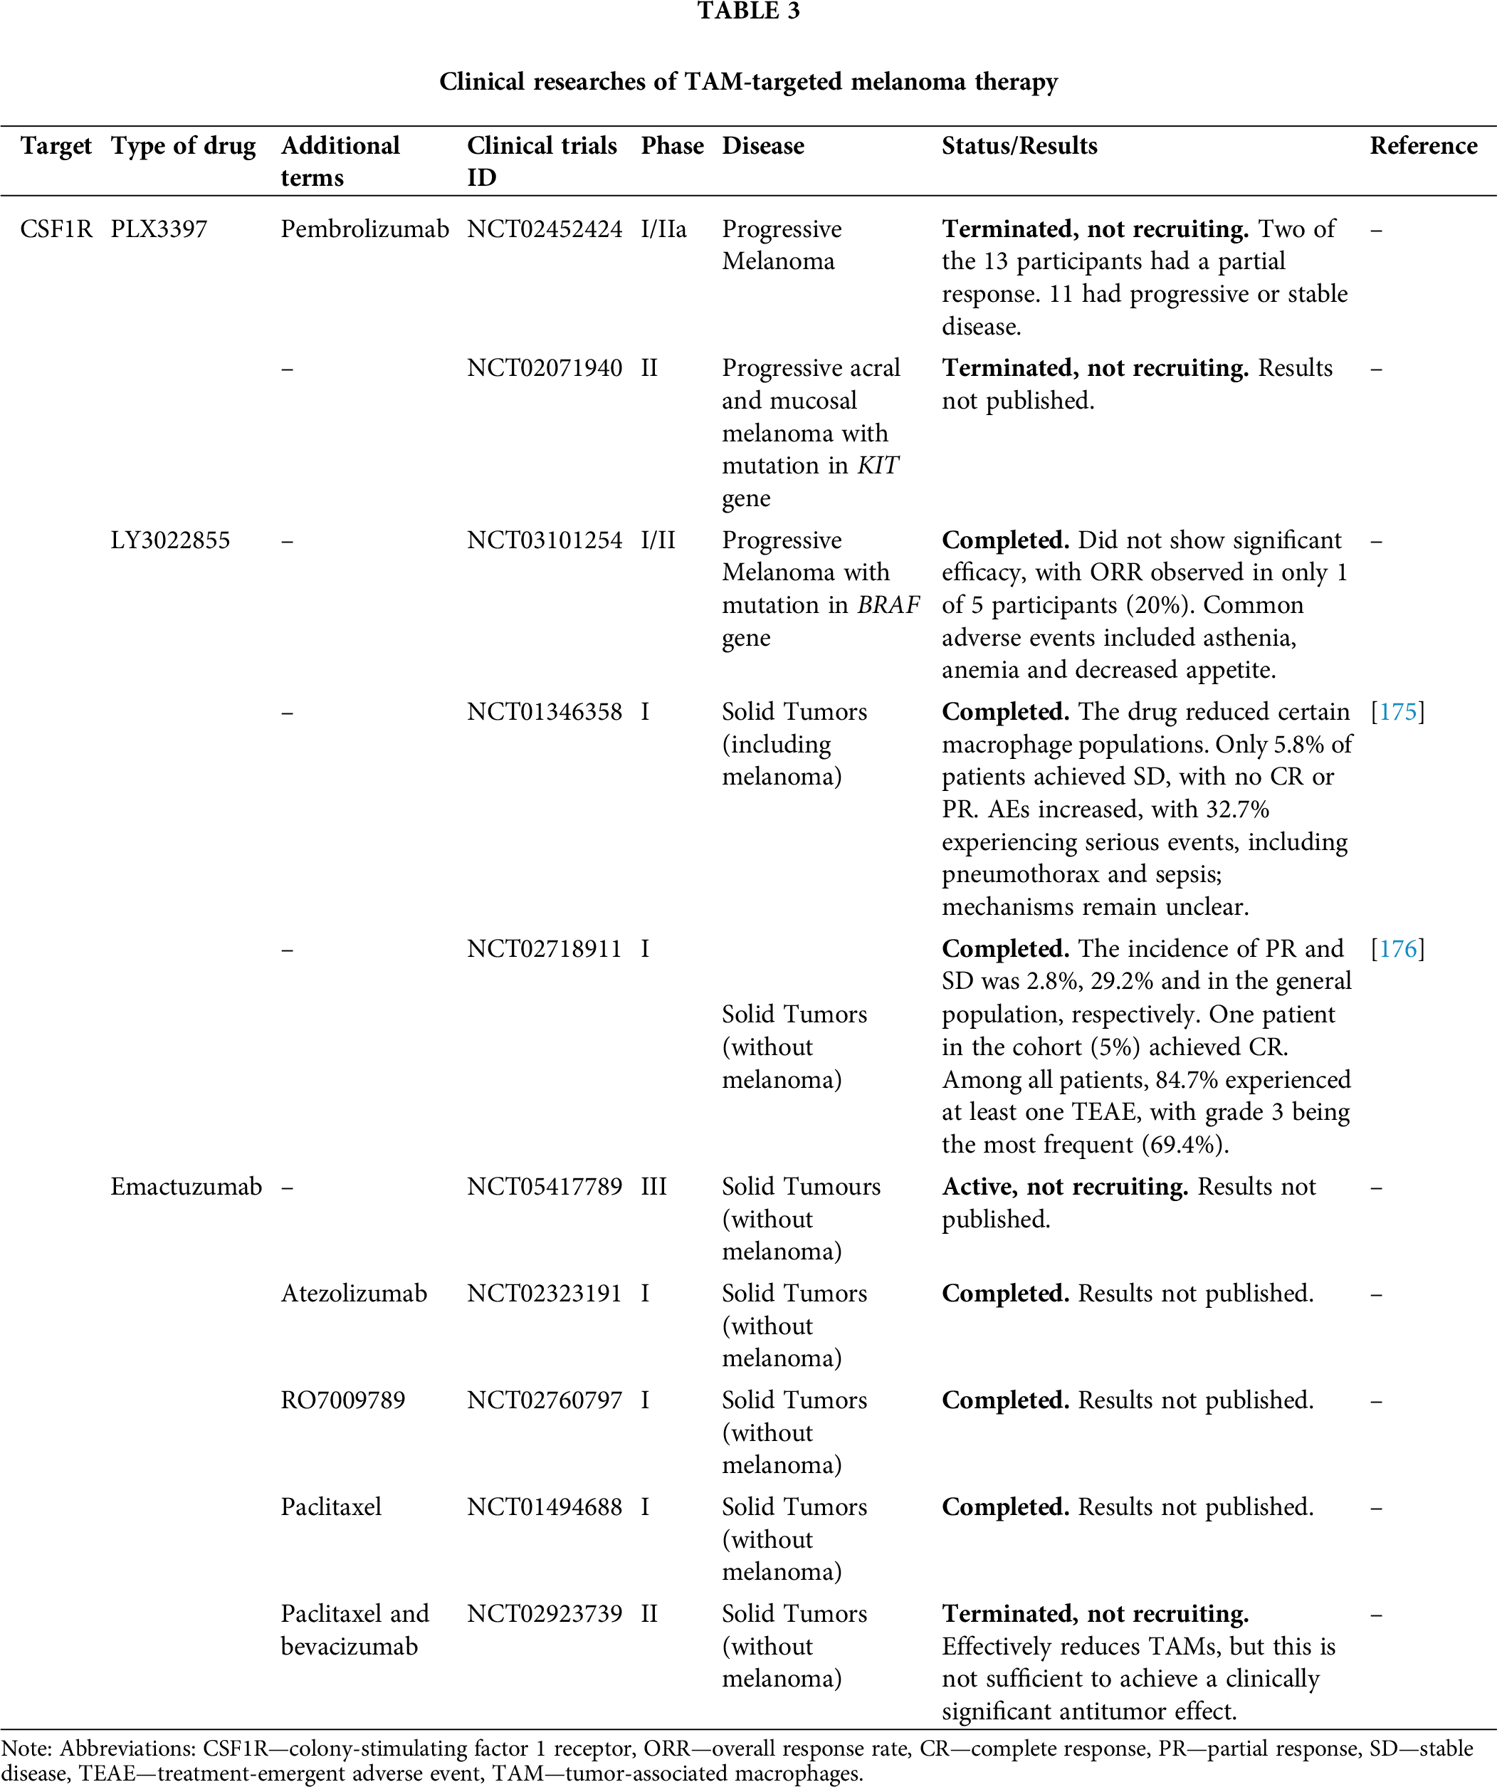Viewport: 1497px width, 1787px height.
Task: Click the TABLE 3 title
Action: [748, 11]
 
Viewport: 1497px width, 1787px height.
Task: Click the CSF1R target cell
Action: [56, 229]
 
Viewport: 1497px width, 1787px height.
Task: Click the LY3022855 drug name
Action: [170, 540]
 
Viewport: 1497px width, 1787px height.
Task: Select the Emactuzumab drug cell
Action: [186, 1186]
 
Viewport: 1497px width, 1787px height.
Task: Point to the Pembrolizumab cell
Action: [364, 229]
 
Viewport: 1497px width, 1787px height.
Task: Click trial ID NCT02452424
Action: [545, 229]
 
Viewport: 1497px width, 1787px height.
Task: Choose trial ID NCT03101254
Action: [545, 540]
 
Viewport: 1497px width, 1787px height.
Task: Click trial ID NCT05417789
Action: [545, 1186]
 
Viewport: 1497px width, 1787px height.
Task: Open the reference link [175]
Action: [1397, 711]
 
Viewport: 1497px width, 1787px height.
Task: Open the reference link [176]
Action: [1397, 949]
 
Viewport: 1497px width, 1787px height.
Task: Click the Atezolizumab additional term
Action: [354, 1294]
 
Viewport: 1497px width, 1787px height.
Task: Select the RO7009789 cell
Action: [343, 1400]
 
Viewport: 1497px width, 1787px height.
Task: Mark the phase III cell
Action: [653, 1186]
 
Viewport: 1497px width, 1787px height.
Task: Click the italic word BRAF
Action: [888, 605]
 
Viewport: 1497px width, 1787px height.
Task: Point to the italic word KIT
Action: [878, 466]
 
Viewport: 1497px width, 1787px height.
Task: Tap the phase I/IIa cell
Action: [664, 229]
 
